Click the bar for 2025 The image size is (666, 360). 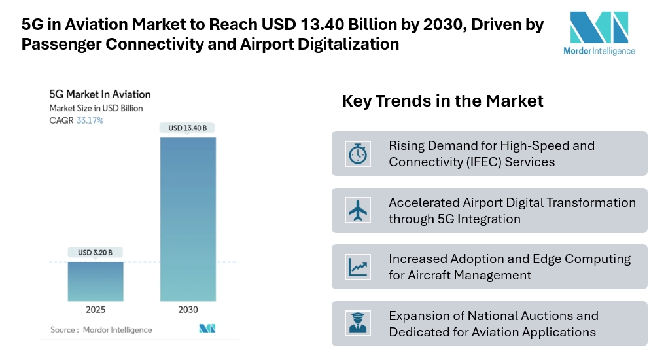[96, 281]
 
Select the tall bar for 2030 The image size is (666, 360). [187, 219]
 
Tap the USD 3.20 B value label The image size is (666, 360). [96, 252]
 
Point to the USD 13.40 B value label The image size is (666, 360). [187, 128]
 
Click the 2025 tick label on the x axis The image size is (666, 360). [96, 310]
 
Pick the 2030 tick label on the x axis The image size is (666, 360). [187, 310]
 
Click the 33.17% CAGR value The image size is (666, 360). [90, 120]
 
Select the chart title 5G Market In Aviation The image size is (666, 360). [100, 94]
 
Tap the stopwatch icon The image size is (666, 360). [358, 154]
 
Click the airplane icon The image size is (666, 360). [358, 210]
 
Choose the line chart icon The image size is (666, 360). [358, 266]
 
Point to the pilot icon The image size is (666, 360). [358, 323]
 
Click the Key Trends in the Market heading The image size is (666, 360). [443, 101]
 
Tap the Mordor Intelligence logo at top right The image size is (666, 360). [599, 33]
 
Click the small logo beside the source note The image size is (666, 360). [207, 329]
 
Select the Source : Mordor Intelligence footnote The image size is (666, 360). [101, 329]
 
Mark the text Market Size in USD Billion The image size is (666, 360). [96, 108]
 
